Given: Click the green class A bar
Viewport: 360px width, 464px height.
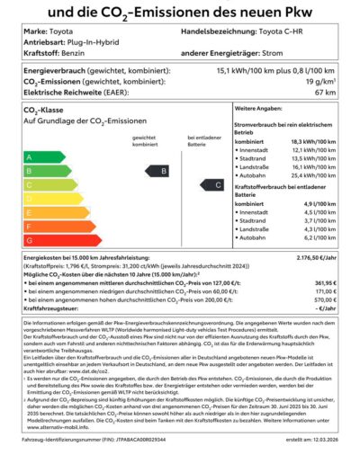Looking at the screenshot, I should coord(36,157).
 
